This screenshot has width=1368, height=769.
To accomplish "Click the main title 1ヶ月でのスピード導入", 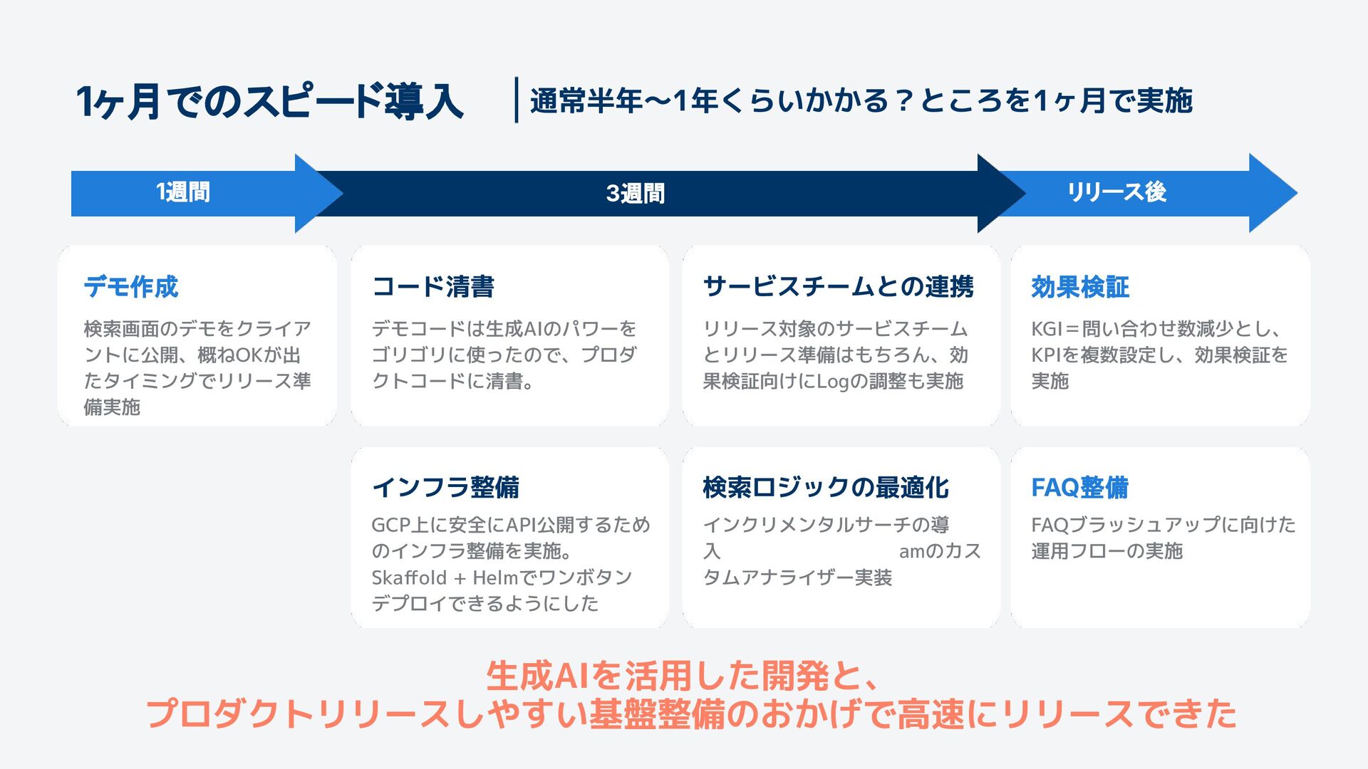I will (x=269, y=101).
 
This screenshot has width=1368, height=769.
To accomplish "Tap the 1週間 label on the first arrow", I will (x=183, y=192).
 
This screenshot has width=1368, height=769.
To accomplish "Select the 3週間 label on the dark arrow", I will (x=635, y=194).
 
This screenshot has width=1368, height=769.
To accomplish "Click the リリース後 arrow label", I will (x=1116, y=192).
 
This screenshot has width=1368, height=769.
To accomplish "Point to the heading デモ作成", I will (x=131, y=287).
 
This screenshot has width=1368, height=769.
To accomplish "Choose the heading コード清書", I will (x=433, y=287).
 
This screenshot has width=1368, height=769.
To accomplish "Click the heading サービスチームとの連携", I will (x=838, y=287).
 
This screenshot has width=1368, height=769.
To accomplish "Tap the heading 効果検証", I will (x=1080, y=288).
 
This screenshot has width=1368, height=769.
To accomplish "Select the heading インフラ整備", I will (x=445, y=488).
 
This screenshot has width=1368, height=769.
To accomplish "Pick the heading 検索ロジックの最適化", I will (x=825, y=488).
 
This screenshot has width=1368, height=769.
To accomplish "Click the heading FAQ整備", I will (x=1079, y=488).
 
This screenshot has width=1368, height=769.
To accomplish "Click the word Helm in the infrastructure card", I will (x=495, y=577).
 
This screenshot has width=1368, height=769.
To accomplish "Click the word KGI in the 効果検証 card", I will (x=1047, y=329).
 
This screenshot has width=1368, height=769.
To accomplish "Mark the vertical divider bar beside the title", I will (x=516, y=100).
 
